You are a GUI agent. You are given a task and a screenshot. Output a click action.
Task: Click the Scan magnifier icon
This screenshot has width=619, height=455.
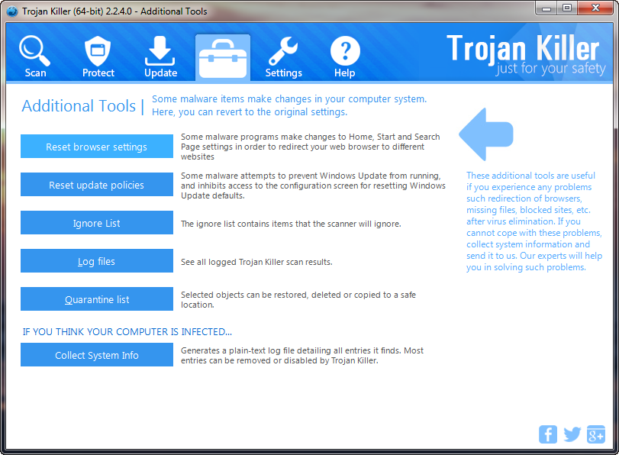[34, 51]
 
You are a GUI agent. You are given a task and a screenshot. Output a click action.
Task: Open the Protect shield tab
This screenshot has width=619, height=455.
[98, 51]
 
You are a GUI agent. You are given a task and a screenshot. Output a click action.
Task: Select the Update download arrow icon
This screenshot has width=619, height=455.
[160, 50]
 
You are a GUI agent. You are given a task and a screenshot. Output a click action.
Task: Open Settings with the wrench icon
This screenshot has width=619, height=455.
[283, 51]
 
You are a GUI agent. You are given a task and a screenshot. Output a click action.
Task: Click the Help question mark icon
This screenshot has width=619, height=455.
[345, 51]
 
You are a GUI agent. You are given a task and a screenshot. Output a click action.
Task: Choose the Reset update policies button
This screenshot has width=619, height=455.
[97, 185]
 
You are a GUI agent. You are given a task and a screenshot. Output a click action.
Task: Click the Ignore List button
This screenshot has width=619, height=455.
[97, 223]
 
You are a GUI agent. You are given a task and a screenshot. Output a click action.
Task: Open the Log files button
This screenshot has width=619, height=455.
[97, 261]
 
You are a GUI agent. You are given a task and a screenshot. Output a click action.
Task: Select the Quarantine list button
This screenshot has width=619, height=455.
[97, 299]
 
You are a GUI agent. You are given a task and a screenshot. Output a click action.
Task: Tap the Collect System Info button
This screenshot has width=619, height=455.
[97, 355]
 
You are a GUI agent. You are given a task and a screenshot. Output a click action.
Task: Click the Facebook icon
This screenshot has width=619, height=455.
[548, 434]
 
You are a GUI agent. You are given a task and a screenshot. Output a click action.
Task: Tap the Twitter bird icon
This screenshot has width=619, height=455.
[572, 434]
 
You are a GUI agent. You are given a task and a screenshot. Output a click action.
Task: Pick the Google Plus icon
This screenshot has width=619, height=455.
[596, 434]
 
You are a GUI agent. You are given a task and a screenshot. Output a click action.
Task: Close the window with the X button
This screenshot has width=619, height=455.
[595, 8]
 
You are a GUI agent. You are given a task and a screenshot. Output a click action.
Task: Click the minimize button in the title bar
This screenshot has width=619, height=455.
[546, 8]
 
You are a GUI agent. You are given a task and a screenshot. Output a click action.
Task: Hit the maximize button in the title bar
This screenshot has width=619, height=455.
[567, 8]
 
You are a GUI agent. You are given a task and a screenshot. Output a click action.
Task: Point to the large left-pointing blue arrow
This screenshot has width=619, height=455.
[486, 134]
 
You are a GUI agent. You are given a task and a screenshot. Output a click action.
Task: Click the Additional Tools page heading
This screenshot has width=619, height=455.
[79, 106]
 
